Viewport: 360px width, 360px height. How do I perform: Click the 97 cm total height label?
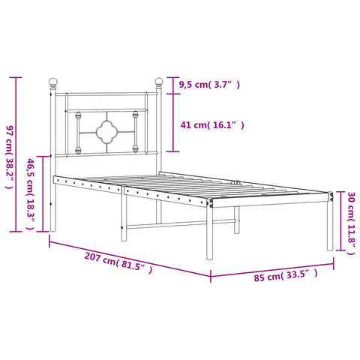click(x=10, y=157)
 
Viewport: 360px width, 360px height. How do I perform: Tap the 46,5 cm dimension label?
click(x=31, y=193)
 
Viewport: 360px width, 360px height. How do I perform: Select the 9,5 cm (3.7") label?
click(x=209, y=85)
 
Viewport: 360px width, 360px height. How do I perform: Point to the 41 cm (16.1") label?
click(x=212, y=124)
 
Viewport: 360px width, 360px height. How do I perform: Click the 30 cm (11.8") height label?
click(x=351, y=223)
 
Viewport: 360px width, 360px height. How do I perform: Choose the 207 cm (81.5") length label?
click(x=118, y=263)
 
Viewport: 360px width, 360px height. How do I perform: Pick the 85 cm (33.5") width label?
click(x=286, y=275)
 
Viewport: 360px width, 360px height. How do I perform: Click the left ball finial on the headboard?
click(x=53, y=82)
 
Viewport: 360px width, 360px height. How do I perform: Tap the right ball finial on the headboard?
click(x=159, y=82)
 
